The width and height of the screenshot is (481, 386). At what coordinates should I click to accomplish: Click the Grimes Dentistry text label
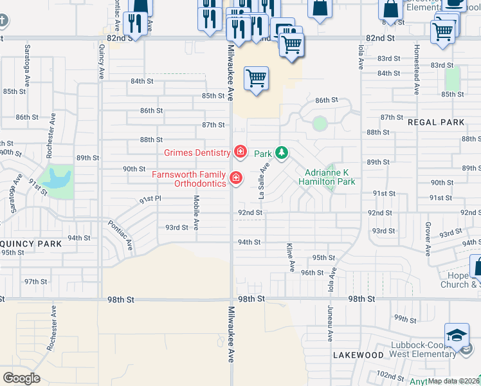pos(197,152)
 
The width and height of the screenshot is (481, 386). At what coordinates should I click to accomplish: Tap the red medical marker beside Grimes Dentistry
pos(240,152)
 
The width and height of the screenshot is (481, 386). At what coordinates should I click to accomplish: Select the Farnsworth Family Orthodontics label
pos(188,179)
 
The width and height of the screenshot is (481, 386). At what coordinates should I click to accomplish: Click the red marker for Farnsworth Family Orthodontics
pos(236,178)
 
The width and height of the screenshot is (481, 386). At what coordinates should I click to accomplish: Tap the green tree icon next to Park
pos(281,153)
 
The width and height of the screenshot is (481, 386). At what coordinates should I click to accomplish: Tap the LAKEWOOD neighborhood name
pos(358,355)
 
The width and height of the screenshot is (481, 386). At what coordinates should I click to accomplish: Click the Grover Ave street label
pos(427,240)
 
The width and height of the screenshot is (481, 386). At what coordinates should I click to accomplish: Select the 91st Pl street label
pos(150,200)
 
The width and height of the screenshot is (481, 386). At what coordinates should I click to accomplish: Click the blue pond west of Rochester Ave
pos(55,176)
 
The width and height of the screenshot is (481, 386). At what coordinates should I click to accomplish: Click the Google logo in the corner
pos(21,378)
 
